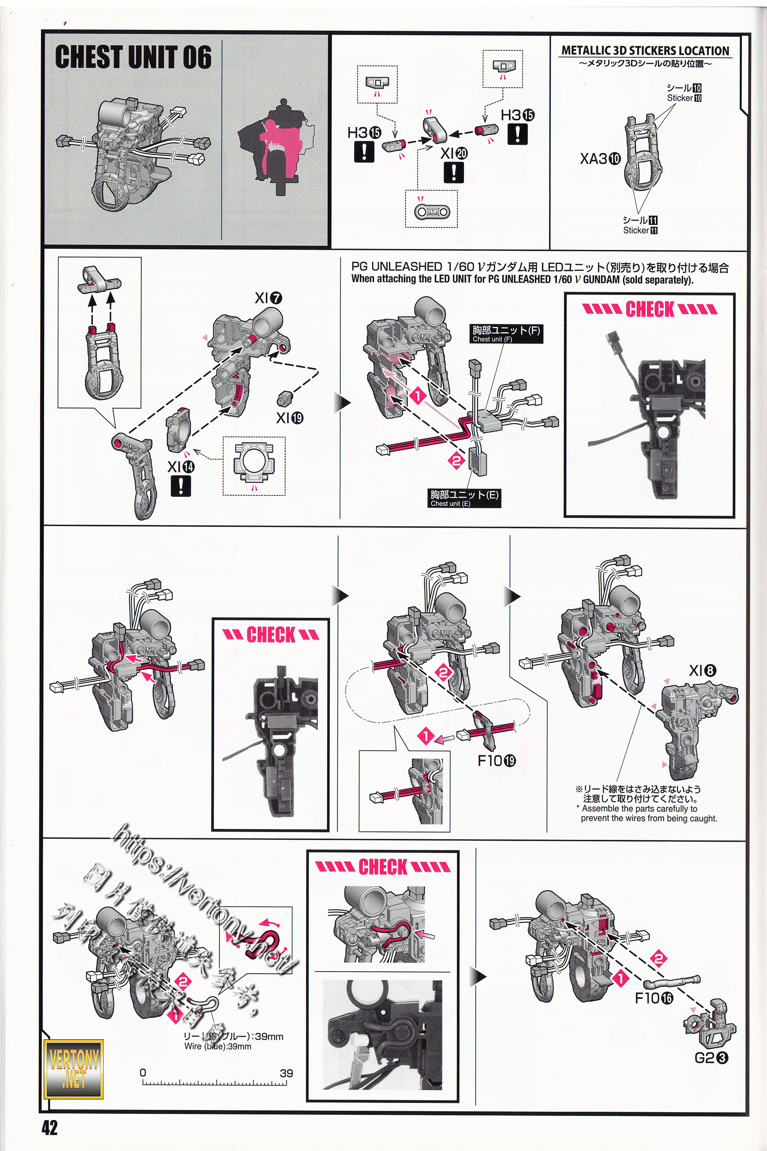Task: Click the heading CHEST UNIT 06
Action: (x=133, y=57)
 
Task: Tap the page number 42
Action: (x=49, y=1127)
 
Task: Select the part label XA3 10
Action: (x=600, y=159)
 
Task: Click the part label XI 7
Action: (x=268, y=297)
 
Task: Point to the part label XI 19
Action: (x=290, y=418)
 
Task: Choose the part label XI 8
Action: (x=702, y=671)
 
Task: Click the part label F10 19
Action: (x=497, y=761)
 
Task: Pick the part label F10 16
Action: (x=653, y=998)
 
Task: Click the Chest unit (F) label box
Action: (x=506, y=334)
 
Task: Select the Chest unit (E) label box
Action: (x=464, y=498)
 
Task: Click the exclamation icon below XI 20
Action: (x=454, y=172)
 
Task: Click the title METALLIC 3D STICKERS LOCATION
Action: (x=645, y=50)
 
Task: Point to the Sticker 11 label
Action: (x=640, y=231)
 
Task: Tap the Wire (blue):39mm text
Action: (x=218, y=1047)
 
